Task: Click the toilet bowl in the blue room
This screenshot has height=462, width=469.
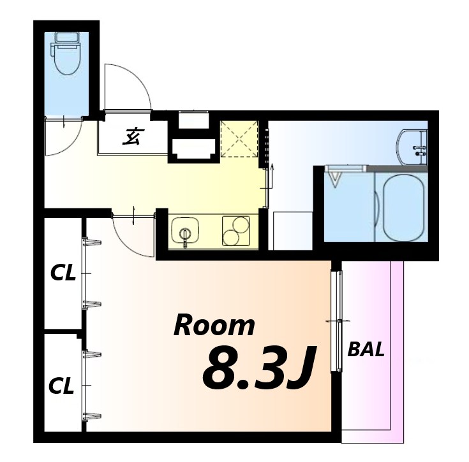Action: coord(66,59)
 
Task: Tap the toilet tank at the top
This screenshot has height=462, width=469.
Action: coord(66,37)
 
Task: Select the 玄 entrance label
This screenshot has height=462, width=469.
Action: coord(133,136)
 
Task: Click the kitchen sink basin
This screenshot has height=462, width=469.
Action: coord(185,230)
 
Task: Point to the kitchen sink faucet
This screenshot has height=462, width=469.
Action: coord(185,238)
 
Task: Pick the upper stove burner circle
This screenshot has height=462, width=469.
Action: coord(241,224)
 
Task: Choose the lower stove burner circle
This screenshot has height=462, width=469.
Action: coord(230,238)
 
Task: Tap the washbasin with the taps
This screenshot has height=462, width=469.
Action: coord(412,147)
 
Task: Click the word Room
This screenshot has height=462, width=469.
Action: coord(214,325)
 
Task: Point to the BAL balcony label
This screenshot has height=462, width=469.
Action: coord(366,349)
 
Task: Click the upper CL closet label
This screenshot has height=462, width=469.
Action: coord(63,273)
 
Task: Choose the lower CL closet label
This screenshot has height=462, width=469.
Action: coord(61,386)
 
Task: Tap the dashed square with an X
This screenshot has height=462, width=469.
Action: coord(239,139)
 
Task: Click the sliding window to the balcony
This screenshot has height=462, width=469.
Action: coord(337,321)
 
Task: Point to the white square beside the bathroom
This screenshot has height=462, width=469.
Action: coord(293,231)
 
